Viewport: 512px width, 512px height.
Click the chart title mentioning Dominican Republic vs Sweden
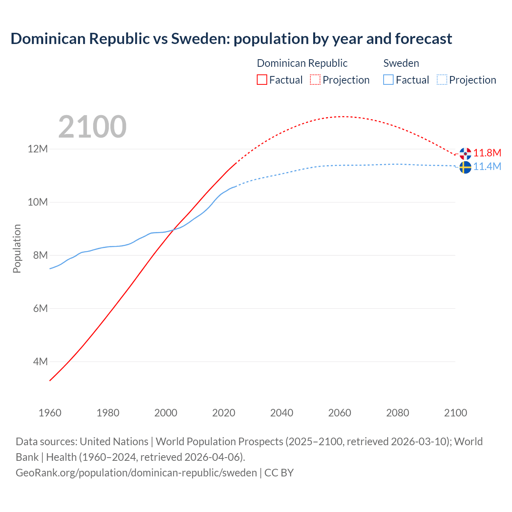[x=231, y=39]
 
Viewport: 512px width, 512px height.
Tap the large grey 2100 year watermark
[x=92, y=127]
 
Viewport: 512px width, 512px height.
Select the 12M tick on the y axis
[x=38, y=149]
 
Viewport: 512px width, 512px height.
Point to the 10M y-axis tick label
[x=38, y=202]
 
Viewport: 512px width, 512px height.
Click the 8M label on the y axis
[x=40, y=255]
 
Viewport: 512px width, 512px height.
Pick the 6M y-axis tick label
[x=40, y=308]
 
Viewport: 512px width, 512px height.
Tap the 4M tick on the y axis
[x=40, y=362]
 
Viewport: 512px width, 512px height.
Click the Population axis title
[x=17, y=248]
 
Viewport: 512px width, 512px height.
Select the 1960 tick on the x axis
[x=50, y=413]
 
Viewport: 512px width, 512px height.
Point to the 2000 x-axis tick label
[x=166, y=413]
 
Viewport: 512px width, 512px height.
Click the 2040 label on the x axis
[x=282, y=413]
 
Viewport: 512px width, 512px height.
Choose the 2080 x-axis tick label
[x=398, y=413]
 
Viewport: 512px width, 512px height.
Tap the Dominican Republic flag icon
[x=465, y=154]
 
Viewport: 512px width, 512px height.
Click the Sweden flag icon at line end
[x=465, y=168]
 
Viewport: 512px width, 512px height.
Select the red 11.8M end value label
[x=487, y=153]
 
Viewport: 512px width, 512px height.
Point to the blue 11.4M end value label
[x=487, y=166]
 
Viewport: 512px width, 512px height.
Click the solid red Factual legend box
[x=262, y=80]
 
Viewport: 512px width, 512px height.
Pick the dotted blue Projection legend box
[x=442, y=80]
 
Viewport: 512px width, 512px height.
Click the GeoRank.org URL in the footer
[x=136, y=473]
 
